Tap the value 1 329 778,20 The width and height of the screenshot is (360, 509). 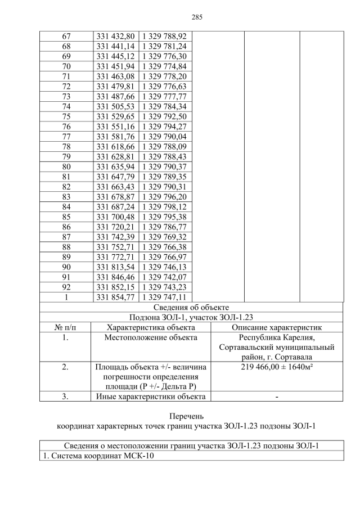[163, 76]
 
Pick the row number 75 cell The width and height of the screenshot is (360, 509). [66, 116]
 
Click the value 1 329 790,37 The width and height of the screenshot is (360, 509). [163, 166]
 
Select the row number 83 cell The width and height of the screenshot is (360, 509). [66, 197]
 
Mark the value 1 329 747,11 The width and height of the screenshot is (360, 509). [163, 297]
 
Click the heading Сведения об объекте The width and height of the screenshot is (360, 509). [191, 308]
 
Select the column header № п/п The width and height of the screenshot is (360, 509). [65, 327]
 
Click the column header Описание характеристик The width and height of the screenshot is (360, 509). [276, 327]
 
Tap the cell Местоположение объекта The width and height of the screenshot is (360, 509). [150, 337]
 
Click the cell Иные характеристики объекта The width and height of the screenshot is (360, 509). [150, 397]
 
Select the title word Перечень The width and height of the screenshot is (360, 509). [191, 416]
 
